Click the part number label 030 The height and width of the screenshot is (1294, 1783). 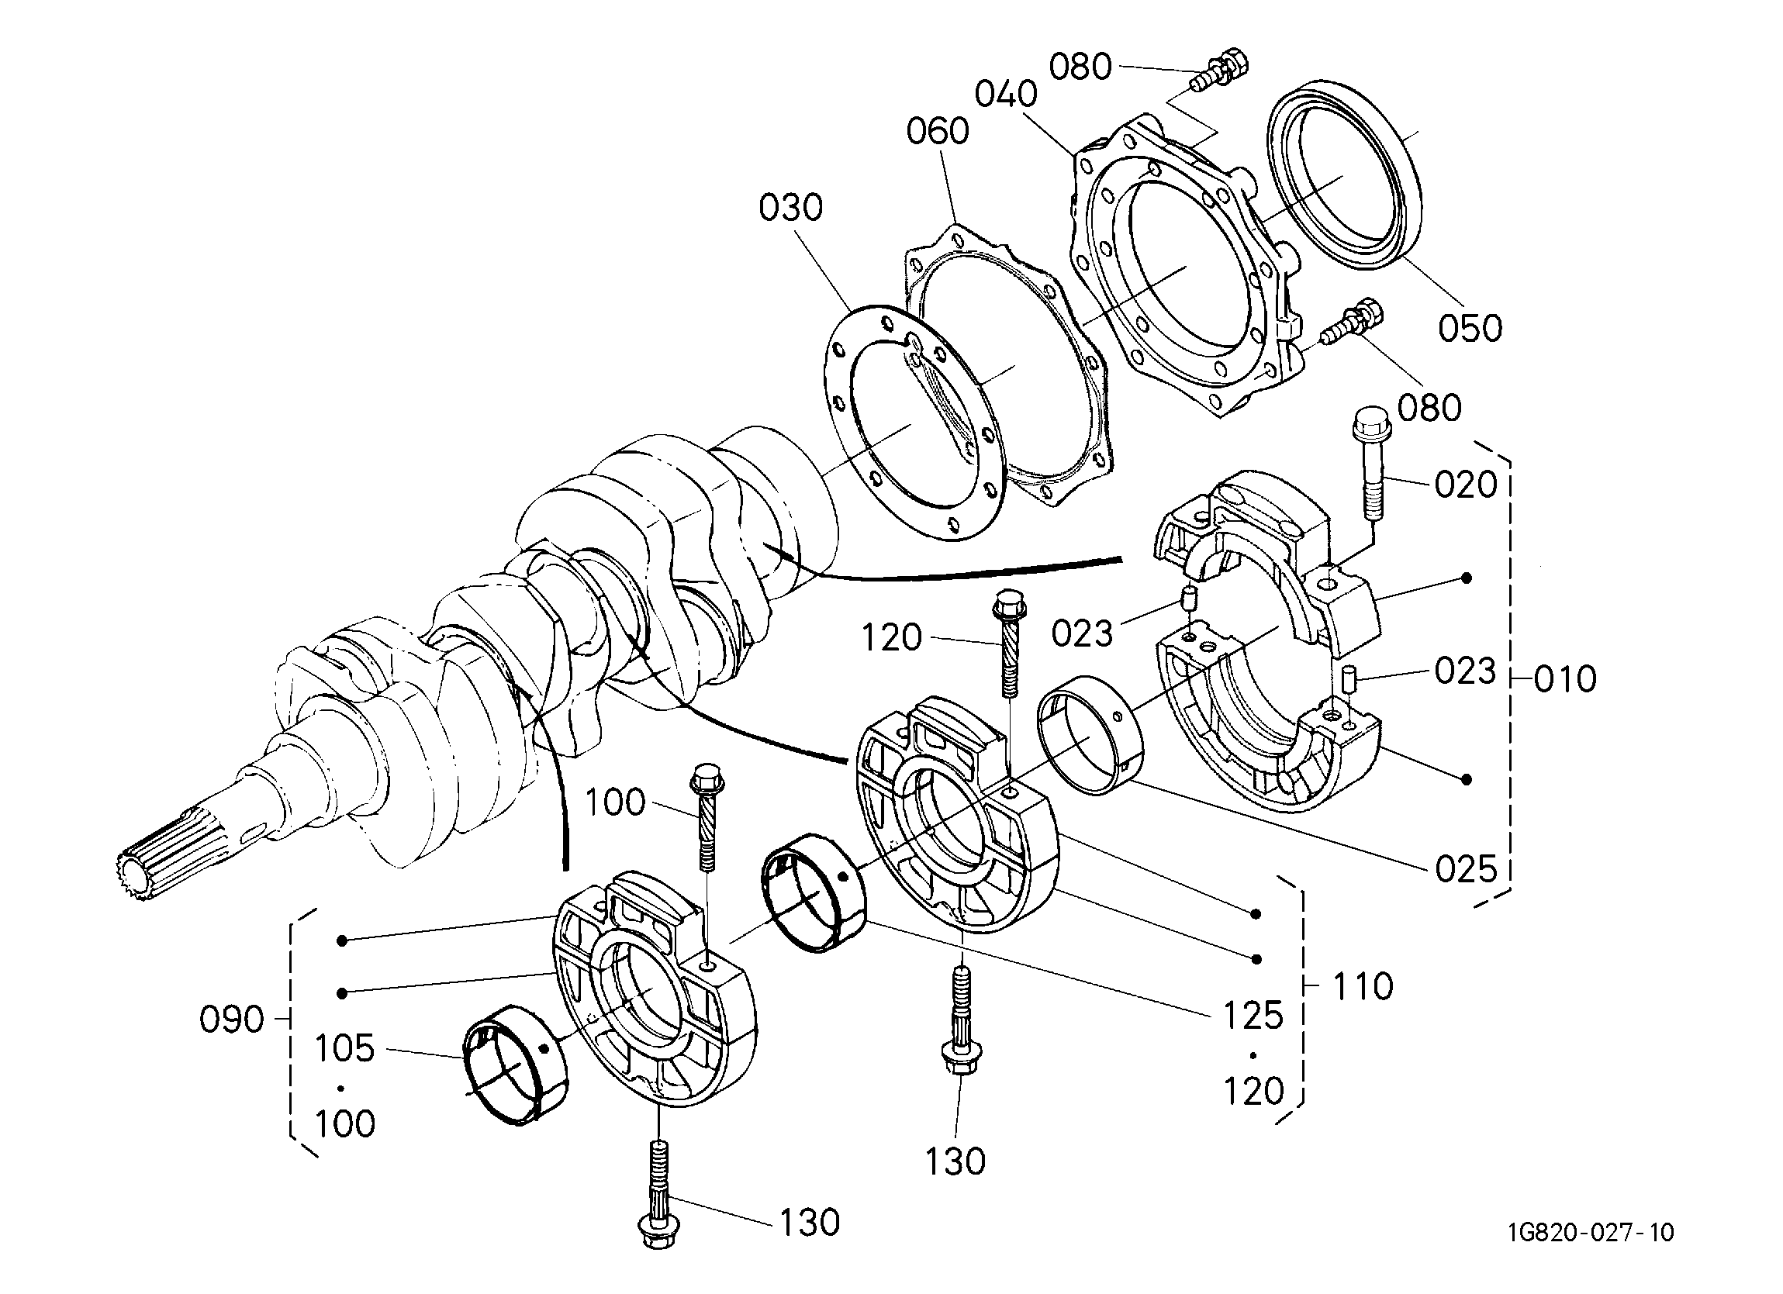(x=791, y=209)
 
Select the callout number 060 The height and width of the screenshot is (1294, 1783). (x=937, y=131)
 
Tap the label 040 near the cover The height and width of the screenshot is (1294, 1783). (x=1006, y=95)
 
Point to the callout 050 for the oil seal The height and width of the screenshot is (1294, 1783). (x=1470, y=328)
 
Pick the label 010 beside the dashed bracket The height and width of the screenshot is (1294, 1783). (x=1565, y=678)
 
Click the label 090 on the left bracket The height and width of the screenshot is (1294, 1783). (x=232, y=1020)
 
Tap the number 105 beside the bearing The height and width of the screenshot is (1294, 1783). (x=345, y=1048)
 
